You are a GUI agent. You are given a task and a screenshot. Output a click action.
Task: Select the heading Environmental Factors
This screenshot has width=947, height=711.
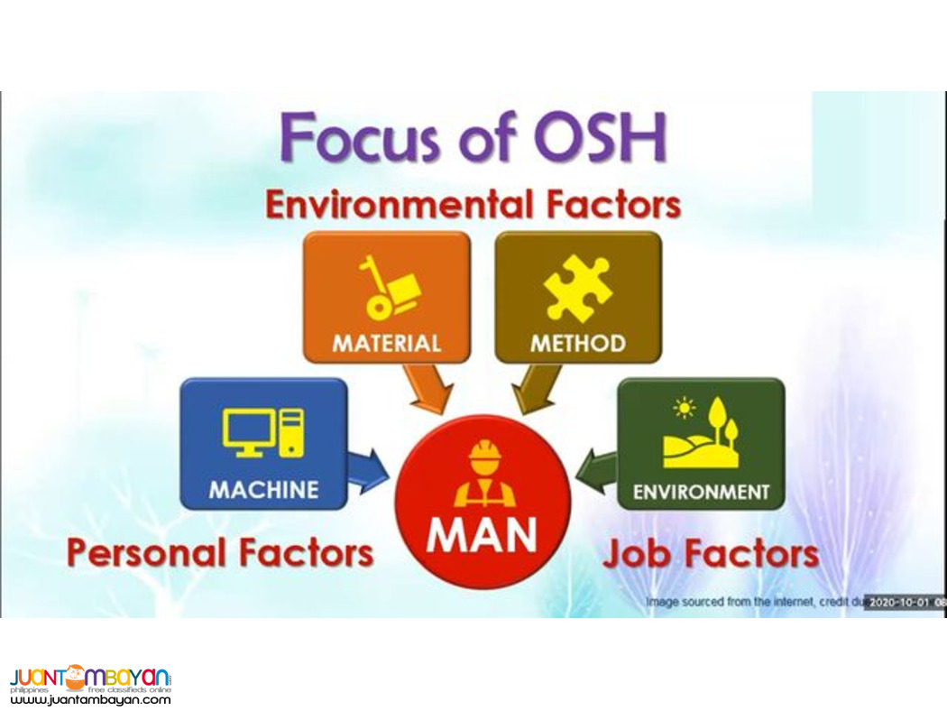pyautogui.click(x=472, y=206)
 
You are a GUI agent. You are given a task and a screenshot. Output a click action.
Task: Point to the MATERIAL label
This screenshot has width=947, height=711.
pyautogui.click(x=386, y=344)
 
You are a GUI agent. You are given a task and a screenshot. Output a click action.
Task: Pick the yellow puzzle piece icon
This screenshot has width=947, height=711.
pyautogui.click(x=578, y=288)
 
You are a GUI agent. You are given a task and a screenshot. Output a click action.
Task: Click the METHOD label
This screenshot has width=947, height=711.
pyautogui.click(x=578, y=344)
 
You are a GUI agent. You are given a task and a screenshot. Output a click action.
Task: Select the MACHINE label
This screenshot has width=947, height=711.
pyautogui.click(x=263, y=490)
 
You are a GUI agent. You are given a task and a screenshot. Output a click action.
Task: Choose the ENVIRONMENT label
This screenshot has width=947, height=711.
pyautogui.click(x=701, y=492)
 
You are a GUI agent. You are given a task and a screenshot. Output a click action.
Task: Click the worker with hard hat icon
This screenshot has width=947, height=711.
pyautogui.click(x=483, y=473)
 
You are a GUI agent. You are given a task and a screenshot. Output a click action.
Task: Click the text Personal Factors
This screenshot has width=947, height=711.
pyautogui.click(x=220, y=552)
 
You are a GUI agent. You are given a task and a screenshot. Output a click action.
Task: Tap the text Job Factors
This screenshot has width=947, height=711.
pyautogui.click(x=711, y=553)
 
